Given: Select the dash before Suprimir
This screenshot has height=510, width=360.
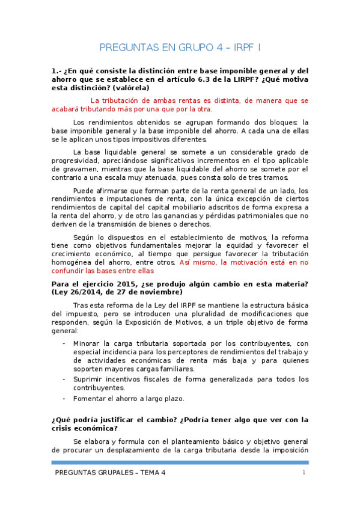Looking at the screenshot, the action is [64, 379].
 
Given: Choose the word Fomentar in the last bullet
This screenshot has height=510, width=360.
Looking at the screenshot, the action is [90, 399].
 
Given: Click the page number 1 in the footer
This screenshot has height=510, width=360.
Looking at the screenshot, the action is [305, 473].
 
